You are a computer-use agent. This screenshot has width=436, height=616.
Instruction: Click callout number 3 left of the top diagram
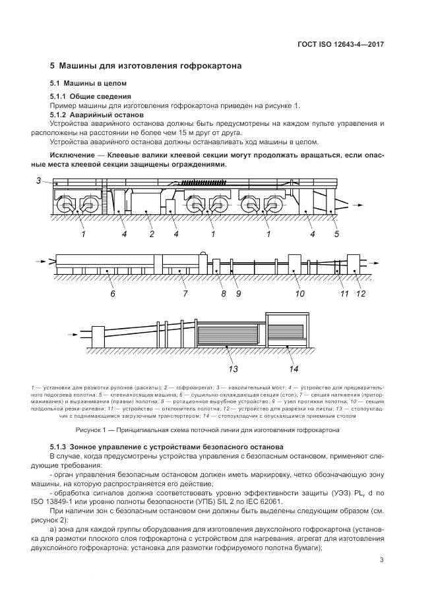[39, 180]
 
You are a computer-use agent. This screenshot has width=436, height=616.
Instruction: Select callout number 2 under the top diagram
[151, 234]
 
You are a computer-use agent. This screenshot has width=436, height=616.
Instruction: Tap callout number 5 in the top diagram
[336, 234]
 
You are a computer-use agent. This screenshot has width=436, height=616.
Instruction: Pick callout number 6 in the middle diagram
[113, 294]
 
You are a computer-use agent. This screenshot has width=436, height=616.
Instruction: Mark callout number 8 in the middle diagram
[223, 294]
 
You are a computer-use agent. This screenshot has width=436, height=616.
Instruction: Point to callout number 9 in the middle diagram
[239, 294]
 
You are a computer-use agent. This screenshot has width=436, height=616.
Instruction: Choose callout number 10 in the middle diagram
[299, 294]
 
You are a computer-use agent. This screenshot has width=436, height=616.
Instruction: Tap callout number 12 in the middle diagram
[361, 294]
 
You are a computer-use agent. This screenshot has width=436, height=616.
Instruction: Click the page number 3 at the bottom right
[382, 561]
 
